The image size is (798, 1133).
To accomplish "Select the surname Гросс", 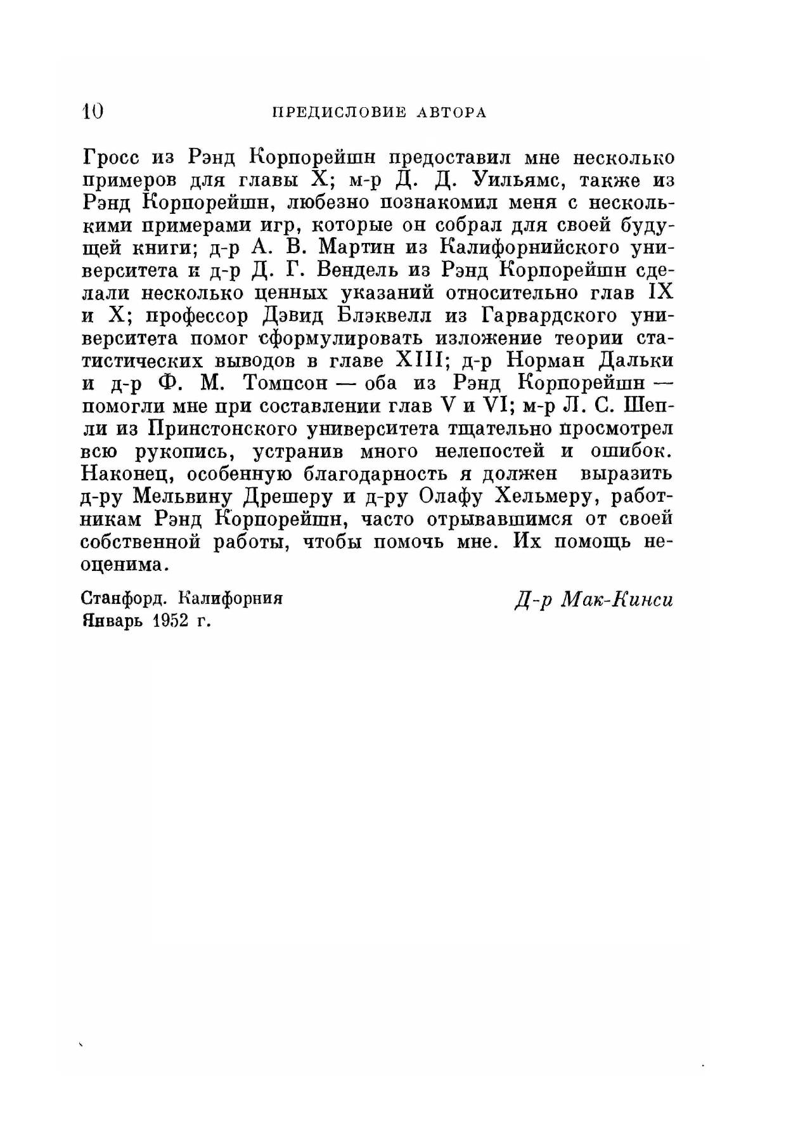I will click(112, 157).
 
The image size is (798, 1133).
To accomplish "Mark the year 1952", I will click(172, 620).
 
